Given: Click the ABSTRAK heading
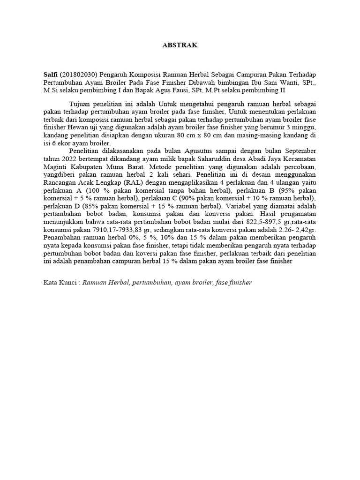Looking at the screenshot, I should pos(180,45).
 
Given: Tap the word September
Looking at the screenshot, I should pos(298,151).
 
